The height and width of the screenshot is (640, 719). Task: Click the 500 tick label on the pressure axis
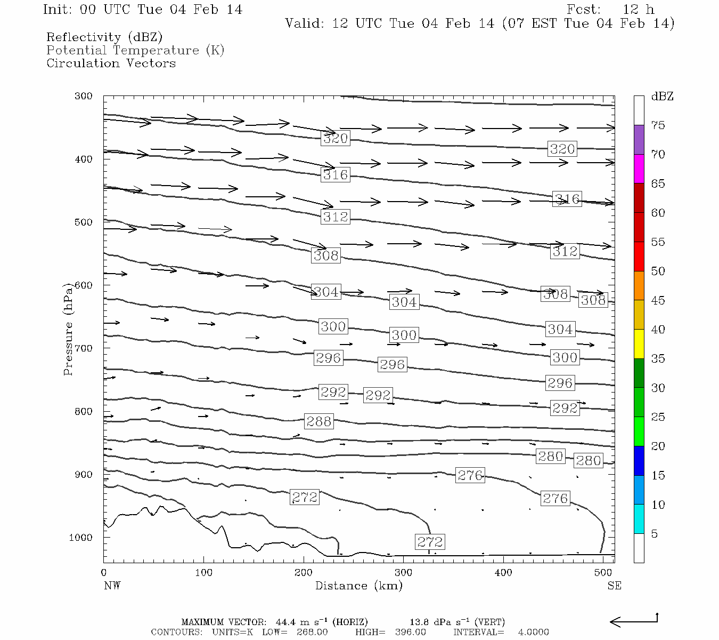[84, 222]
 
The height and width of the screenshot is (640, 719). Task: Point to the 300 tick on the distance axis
[403, 572]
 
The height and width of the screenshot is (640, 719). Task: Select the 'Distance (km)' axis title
[358, 586]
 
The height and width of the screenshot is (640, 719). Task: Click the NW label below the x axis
[112, 586]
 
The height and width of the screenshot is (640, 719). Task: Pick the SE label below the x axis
[614, 586]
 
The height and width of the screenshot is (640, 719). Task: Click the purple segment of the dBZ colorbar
[639, 140]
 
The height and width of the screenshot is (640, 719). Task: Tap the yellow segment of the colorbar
[639, 344]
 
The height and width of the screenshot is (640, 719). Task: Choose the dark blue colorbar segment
[639, 460]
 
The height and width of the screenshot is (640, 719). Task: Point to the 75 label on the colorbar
[658, 125]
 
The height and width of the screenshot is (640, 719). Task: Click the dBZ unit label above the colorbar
[662, 97]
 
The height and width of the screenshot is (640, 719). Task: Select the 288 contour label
[318, 421]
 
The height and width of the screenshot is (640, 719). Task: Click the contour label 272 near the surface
[430, 542]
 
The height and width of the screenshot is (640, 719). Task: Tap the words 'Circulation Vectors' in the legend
[111, 63]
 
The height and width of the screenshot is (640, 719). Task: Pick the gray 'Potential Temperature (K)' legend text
[135, 50]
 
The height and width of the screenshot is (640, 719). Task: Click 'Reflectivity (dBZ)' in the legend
[104, 37]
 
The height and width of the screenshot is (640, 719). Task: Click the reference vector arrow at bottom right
[633, 621]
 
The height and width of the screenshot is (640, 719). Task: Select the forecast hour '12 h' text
[638, 10]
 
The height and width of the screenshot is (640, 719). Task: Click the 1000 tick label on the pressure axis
[81, 537]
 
